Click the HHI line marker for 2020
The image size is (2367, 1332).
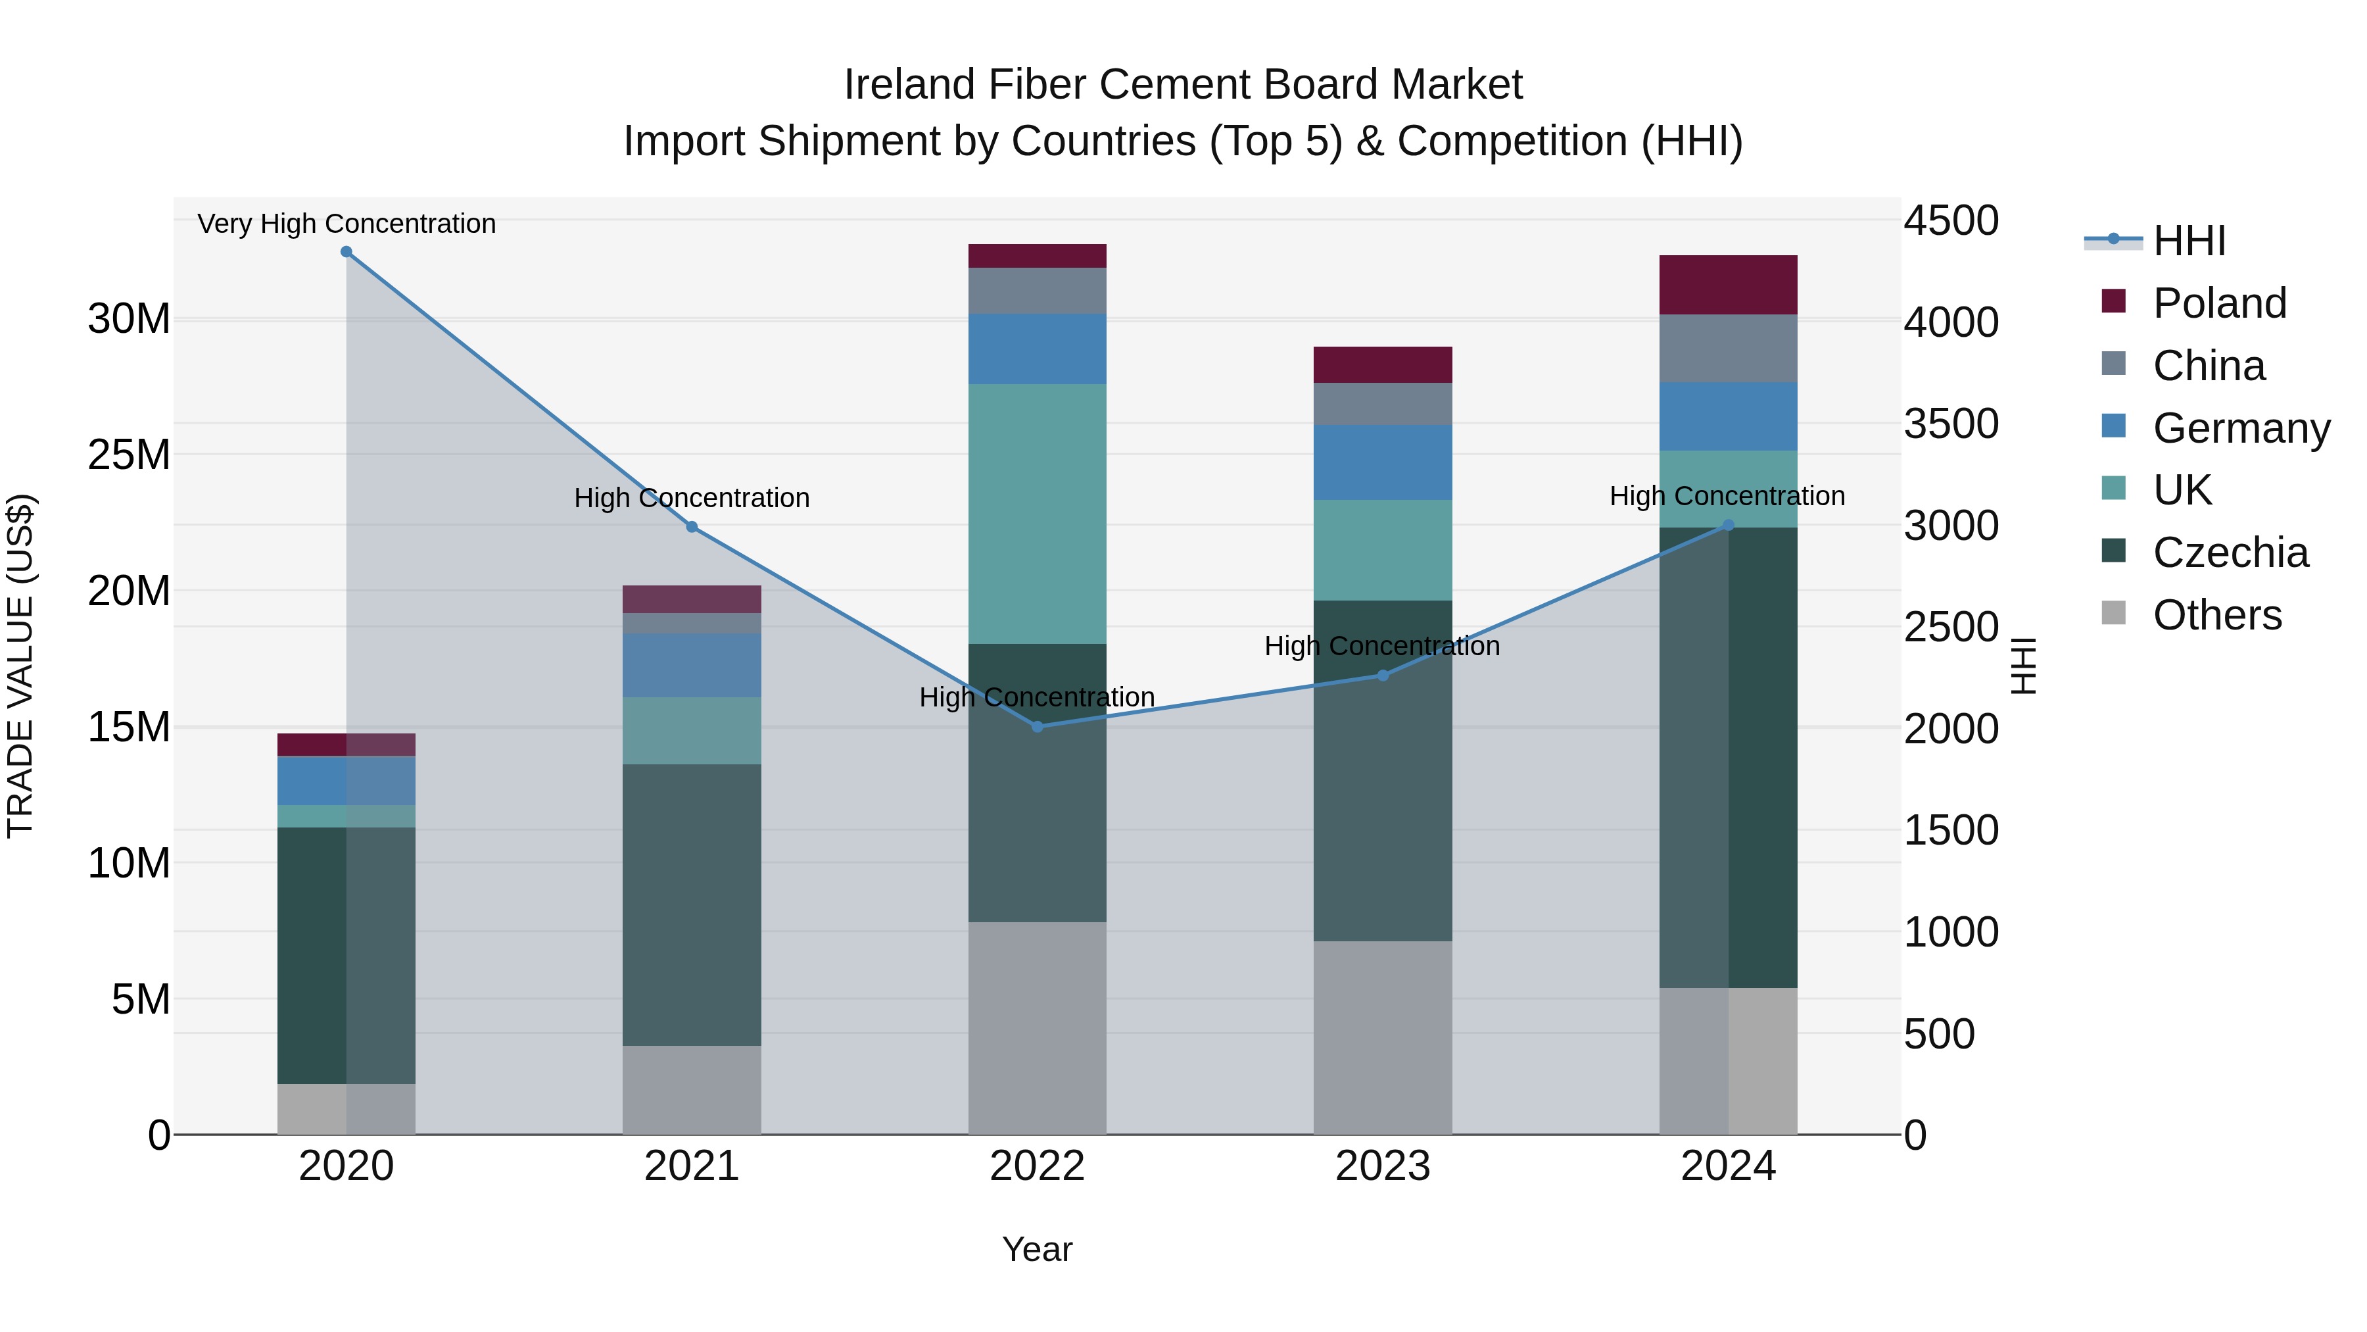click(x=347, y=252)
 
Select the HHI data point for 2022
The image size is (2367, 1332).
click(x=1038, y=726)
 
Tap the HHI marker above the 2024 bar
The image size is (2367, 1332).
click(x=1729, y=526)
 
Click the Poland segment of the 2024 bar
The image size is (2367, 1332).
click(x=1729, y=285)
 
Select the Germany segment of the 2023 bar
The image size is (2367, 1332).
click(x=1383, y=462)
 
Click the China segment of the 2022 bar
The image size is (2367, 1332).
click(x=1038, y=291)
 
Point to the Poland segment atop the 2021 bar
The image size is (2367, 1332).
click(x=692, y=599)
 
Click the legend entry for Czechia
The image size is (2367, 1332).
click(x=2230, y=553)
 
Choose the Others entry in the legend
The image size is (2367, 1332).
click(x=2216, y=615)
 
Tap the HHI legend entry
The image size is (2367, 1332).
click(x=2189, y=241)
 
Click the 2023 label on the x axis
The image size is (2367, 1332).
click(x=1383, y=1166)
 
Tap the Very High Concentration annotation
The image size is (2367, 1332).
click(x=347, y=224)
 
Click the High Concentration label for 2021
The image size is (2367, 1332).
click(x=692, y=498)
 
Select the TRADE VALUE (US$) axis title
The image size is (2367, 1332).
click(x=20, y=666)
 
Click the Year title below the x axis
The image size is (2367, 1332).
click(x=1038, y=1249)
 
